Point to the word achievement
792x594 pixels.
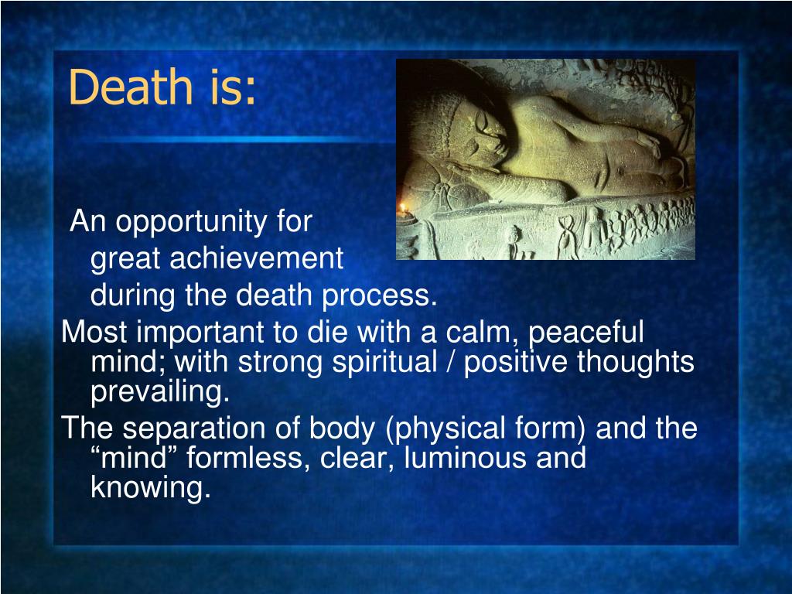256,259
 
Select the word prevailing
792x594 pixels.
161,393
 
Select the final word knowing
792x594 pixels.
150,488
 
